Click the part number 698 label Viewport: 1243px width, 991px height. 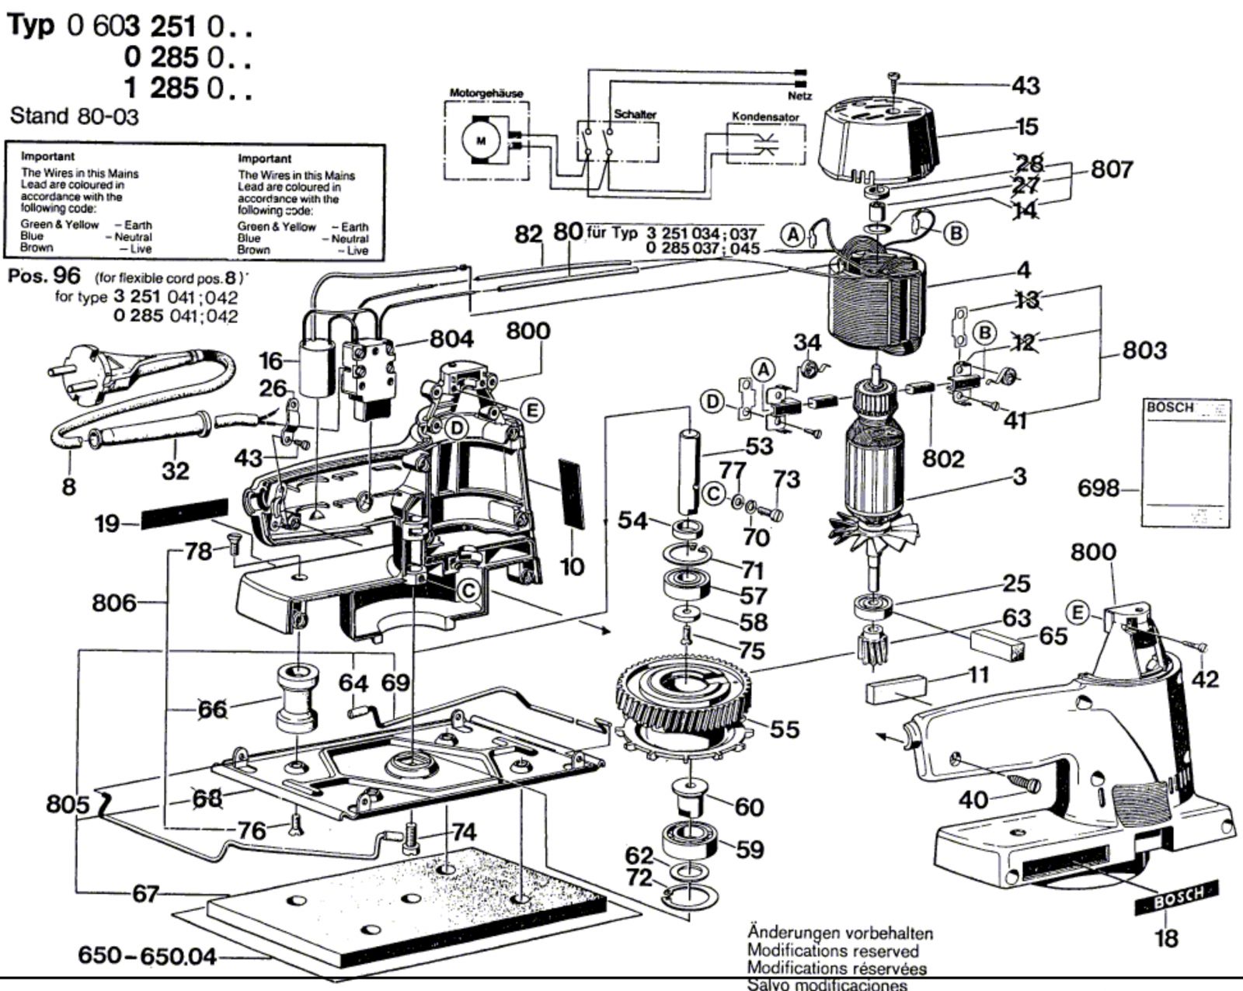(1098, 489)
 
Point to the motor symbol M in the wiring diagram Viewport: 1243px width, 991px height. (479, 140)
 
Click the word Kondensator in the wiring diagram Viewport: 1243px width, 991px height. (765, 116)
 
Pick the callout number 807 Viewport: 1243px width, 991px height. (1112, 169)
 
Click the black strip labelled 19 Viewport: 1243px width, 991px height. (184, 513)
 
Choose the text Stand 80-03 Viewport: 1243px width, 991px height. (74, 116)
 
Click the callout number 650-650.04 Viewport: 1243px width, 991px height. (148, 955)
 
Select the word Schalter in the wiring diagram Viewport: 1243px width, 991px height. (635, 114)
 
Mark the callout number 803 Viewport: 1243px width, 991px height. (1144, 350)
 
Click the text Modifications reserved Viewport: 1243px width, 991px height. (832, 951)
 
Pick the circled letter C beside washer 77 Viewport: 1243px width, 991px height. (712, 493)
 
